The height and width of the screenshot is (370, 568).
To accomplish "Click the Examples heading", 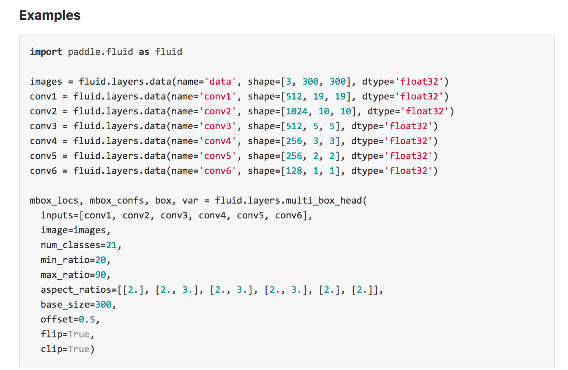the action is coord(50,15).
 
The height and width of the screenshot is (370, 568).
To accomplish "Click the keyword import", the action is coord(46,52).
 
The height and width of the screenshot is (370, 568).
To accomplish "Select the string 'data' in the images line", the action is coord(220,81).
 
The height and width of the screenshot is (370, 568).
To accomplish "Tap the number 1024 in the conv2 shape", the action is coord(297,111).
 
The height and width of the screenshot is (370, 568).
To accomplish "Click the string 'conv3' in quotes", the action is coord(218,126).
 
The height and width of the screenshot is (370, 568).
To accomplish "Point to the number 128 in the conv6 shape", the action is coord(294,171).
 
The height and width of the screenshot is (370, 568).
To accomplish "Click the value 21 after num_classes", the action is coord(111,245).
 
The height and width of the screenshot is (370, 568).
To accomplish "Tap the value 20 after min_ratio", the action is coord(101,260).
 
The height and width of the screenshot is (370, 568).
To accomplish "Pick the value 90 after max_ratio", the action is coord(101,275).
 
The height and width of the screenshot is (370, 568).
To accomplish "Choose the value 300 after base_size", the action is coord(103,304).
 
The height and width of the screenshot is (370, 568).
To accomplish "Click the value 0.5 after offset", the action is coord(87,319).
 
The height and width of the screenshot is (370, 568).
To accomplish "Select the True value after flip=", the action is coord(79,334).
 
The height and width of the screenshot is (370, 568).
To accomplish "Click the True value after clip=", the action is coord(79,349).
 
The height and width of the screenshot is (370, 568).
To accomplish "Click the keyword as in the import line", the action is coord(144,52).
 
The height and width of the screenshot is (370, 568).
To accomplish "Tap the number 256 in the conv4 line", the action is coord(294,141).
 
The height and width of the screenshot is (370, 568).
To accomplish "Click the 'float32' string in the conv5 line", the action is coord(408,156).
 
